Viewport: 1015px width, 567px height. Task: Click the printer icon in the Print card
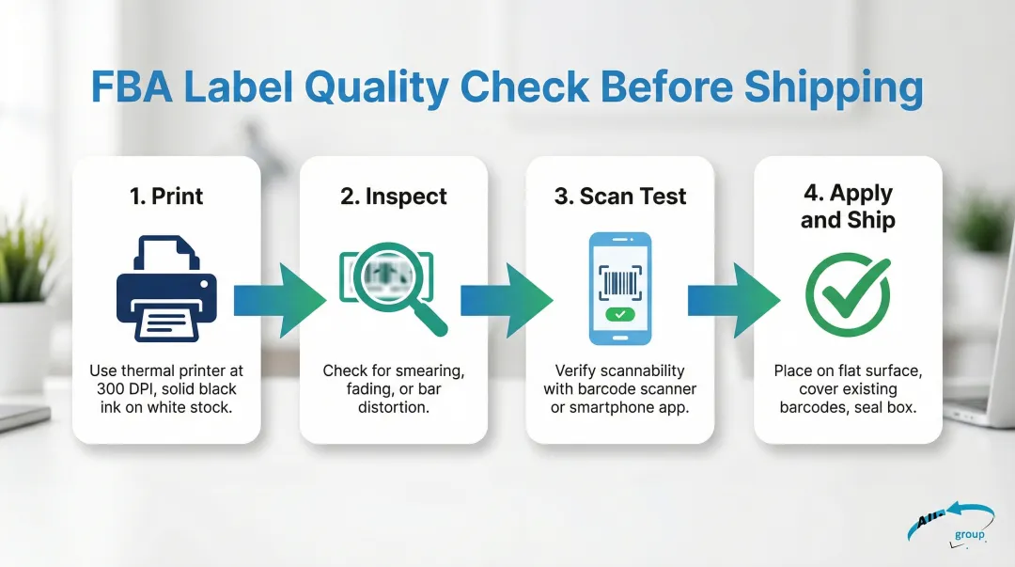point(166,289)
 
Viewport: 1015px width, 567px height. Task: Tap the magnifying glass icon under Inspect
point(393,286)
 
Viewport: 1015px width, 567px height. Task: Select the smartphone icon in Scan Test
point(620,289)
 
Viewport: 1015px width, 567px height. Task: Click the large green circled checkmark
point(848,294)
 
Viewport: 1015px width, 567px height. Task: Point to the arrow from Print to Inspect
point(280,301)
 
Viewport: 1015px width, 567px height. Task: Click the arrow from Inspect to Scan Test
point(507,301)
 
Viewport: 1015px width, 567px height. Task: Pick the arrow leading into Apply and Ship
point(734,301)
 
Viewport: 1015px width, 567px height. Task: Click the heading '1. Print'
point(166,196)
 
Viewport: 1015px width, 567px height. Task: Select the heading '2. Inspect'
point(394,196)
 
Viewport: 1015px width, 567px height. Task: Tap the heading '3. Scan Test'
point(620,196)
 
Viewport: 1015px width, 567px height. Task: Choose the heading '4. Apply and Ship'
point(848,206)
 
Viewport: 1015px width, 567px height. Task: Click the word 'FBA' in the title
point(133,87)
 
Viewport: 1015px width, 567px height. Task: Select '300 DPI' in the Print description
point(124,388)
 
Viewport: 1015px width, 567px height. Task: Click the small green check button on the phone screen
point(620,314)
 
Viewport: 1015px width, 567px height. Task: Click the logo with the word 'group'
point(951,525)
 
